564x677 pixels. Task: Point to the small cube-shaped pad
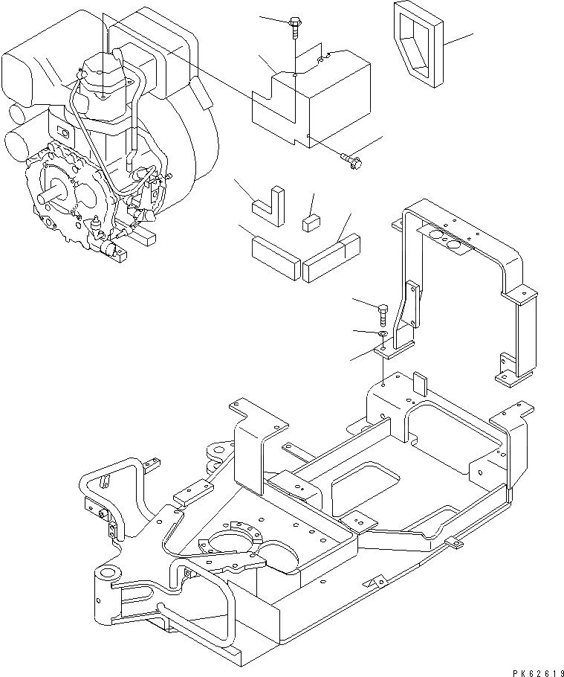[x=311, y=222]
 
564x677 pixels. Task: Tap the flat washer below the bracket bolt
[x=380, y=336]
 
